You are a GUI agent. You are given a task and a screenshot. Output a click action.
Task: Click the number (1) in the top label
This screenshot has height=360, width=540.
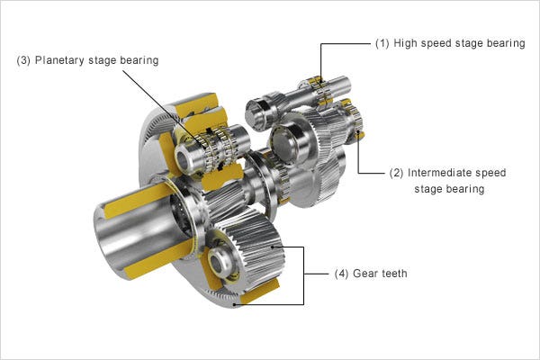[x=382, y=43]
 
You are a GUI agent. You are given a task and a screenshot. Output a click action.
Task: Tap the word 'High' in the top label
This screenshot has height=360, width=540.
[x=404, y=43]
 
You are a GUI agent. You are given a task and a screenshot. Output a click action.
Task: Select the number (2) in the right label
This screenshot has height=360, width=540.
[x=396, y=172]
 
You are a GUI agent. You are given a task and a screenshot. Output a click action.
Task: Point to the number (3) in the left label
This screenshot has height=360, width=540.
[x=24, y=60]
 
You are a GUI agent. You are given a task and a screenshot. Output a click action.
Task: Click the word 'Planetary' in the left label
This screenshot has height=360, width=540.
[x=58, y=60]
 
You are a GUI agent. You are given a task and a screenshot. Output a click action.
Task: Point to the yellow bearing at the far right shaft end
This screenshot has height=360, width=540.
[x=359, y=135]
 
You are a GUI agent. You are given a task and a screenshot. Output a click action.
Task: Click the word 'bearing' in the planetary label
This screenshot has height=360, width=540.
[x=137, y=60]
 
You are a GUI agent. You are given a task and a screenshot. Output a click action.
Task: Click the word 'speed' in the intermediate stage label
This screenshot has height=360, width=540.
[x=487, y=172]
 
